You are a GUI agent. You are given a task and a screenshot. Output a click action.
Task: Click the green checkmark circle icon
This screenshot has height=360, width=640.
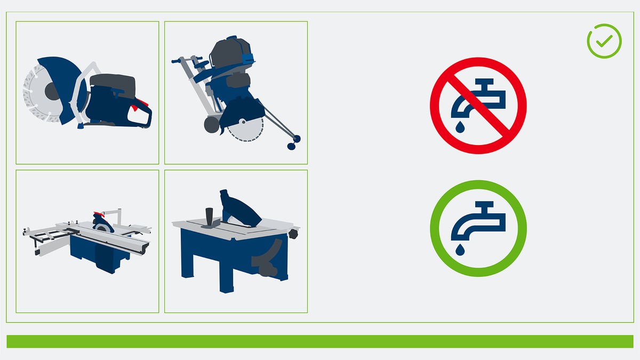pos(604,41)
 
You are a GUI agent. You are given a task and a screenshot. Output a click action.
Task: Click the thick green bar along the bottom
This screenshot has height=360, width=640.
pos(319,341)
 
